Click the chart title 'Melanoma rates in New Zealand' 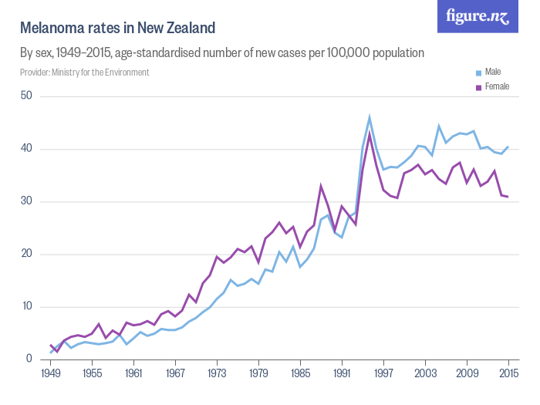(117, 29)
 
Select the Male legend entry (492, 72)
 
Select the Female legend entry (496, 86)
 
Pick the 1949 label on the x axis (51, 374)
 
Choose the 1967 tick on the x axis (176, 374)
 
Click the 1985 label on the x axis (300, 374)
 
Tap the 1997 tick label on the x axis (383, 374)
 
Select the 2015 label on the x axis (508, 374)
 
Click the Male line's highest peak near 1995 (370, 117)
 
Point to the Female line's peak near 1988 (321, 185)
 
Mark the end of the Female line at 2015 (508, 197)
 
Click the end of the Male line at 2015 (508, 147)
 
